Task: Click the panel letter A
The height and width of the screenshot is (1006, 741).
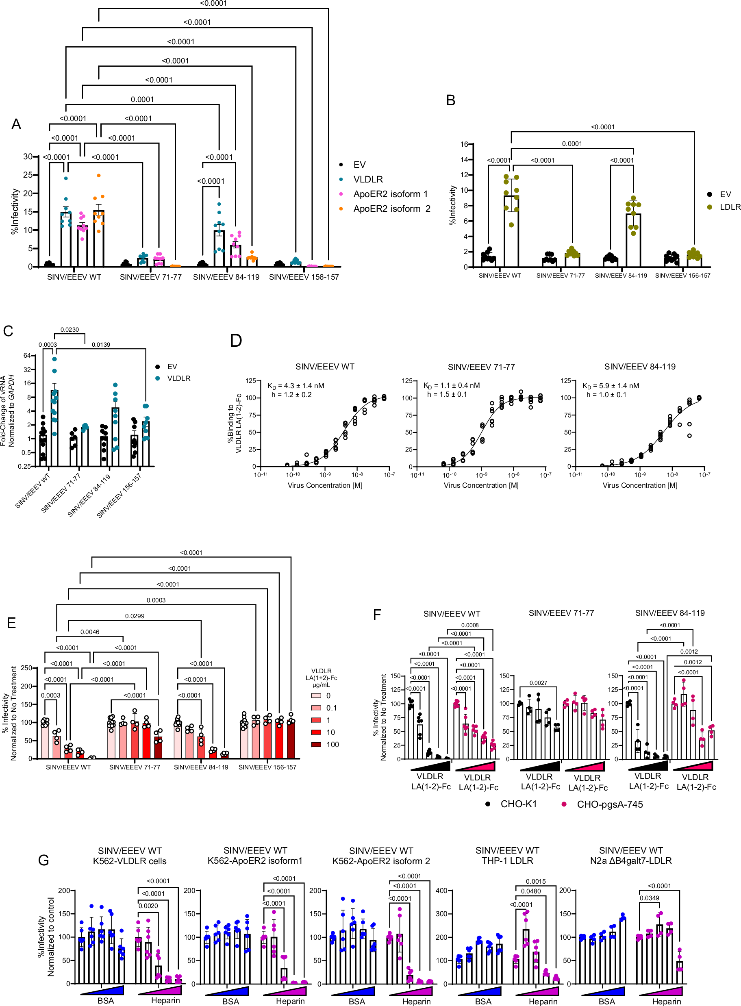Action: tap(16, 124)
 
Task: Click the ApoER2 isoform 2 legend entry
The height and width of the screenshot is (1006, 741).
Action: tap(391, 209)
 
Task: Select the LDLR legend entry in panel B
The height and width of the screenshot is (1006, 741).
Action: tap(729, 207)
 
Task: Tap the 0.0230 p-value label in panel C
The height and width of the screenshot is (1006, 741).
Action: tap(70, 330)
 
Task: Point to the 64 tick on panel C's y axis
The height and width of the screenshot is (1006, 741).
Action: tap(27, 356)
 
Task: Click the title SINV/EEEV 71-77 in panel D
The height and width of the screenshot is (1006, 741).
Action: tap(481, 367)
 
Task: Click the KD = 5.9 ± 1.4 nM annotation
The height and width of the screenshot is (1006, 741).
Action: tap(611, 386)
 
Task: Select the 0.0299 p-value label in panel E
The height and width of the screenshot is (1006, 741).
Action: tap(135, 616)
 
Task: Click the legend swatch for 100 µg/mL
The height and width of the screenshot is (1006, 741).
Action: tap(316, 745)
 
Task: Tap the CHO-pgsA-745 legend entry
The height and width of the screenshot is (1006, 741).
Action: tap(610, 804)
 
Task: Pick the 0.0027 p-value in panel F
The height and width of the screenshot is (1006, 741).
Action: tap(538, 682)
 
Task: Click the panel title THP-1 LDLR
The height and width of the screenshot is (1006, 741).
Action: tap(507, 860)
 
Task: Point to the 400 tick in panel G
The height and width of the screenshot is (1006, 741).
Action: tap(441, 890)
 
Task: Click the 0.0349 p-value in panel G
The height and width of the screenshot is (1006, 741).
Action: tap(649, 898)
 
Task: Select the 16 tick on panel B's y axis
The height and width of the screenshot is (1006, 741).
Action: tap(464, 144)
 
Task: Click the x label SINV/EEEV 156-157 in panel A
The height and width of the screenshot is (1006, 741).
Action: tap(304, 277)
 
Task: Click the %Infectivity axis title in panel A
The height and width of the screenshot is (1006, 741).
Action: tap(15, 211)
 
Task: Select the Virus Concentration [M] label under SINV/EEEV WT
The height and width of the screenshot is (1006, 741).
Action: tap(325, 485)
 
